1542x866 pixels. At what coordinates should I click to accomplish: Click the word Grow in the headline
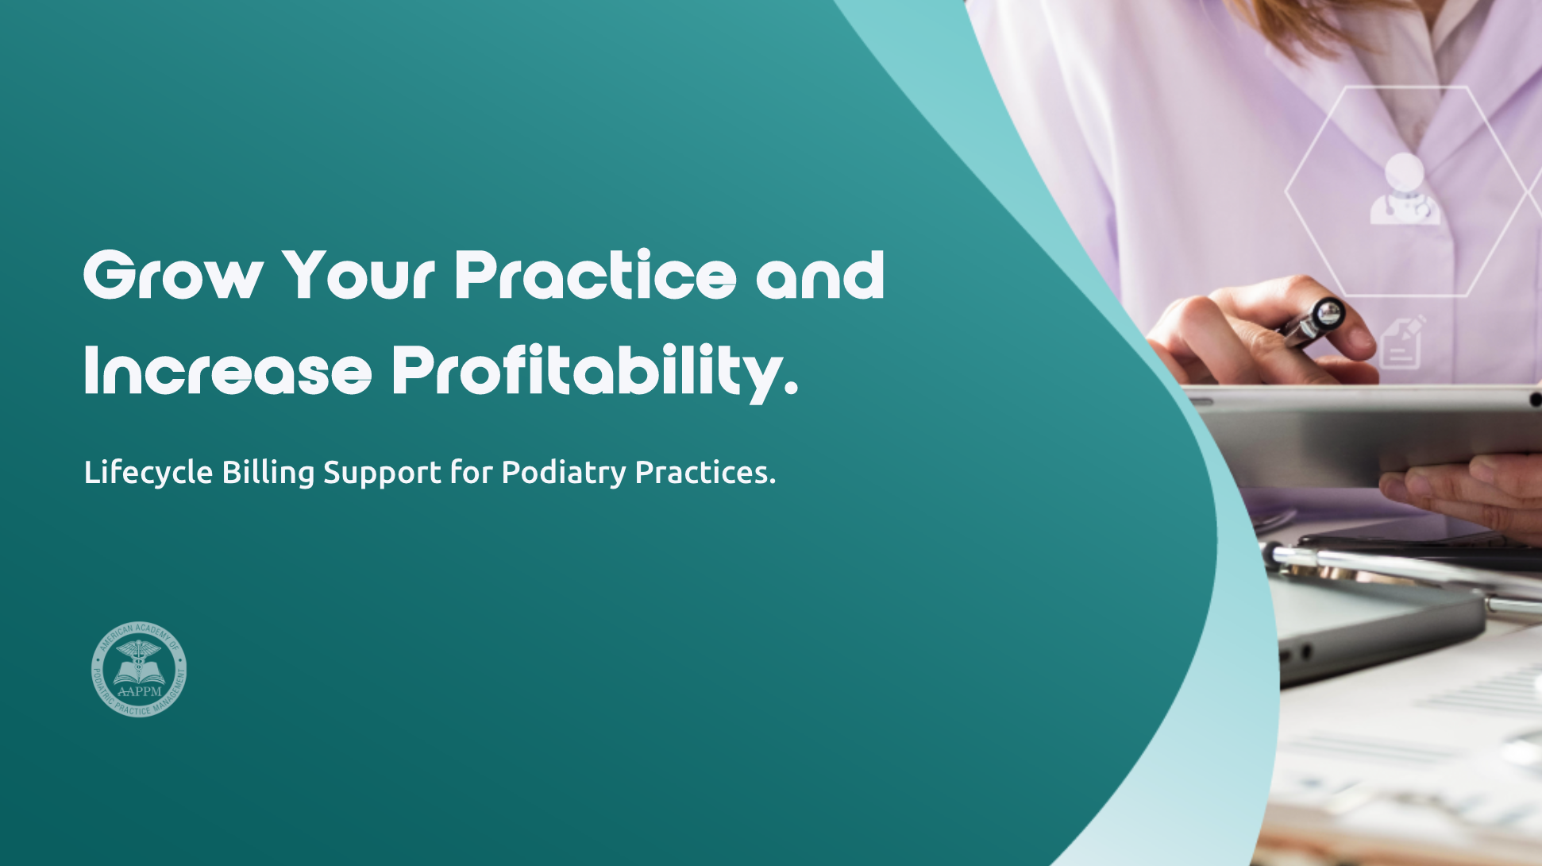click(173, 275)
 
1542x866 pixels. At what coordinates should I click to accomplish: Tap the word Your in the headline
click(359, 275)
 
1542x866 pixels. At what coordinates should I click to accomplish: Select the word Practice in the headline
click(596, 275)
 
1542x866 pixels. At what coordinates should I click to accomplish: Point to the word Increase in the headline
click(227, 371)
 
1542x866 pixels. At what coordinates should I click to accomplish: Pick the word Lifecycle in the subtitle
click(148, 473)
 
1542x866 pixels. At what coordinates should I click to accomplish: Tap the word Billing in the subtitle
click(268, 473)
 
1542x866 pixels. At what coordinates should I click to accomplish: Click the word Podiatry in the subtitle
click(564, 474)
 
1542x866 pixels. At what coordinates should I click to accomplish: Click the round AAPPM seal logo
click(139, 670)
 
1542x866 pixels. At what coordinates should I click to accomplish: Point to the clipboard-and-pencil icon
click(1403, 342)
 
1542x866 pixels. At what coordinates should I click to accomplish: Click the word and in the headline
click(819, 275)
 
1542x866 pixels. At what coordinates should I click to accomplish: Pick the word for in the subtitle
click(472, 473)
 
